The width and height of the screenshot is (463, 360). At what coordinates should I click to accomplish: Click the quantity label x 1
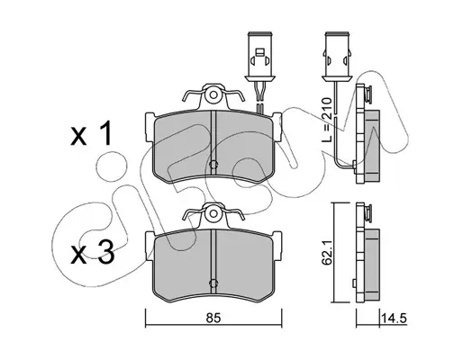[x=91, y=134]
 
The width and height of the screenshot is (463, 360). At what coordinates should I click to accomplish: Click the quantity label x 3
[x=93, y=254]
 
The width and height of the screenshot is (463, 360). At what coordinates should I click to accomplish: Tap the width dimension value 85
[x=213, y=318]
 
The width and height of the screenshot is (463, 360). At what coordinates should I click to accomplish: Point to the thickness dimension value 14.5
[x=394, y=318]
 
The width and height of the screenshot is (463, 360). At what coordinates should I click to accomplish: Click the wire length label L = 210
[x=326, y=120]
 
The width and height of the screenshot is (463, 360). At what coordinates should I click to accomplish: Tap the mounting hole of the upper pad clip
[x=213, y=95]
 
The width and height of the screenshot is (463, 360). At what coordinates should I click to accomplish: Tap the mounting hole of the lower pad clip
[x=213, y=213]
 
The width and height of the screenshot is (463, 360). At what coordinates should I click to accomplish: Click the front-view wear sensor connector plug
[x=260, y=56]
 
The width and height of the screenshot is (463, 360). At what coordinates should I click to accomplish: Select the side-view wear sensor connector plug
[x=337, y=56]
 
